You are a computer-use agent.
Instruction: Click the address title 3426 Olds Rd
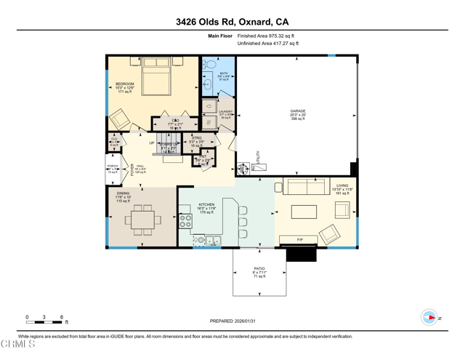(x=232, y=21)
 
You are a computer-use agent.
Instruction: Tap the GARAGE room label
(x=298, y=111)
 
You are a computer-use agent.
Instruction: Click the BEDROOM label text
(x=124, y=84)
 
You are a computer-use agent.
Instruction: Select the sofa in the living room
(x=306, y=187)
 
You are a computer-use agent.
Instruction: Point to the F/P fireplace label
(x=299, y=240)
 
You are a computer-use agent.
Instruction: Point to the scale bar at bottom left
(x=44, y=321)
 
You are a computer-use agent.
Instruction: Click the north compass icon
(x=430, y=318)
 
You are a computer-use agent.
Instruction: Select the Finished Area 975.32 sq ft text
(x=266, y=36)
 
